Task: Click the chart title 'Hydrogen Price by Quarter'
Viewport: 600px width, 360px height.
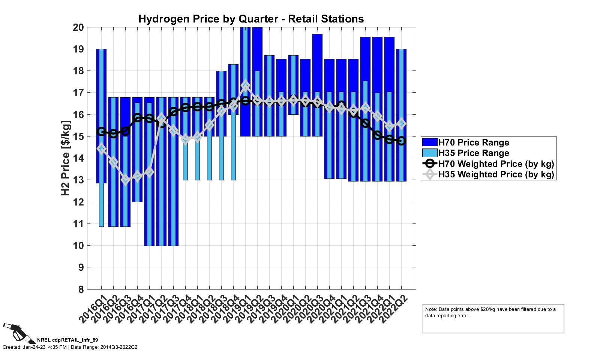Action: click(x=251, y=19)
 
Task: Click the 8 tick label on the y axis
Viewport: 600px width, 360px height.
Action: click(x=81, y=289)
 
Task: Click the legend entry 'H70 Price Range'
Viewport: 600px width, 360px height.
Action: click(x=474, y=142)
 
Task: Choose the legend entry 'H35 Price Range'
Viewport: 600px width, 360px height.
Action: click(x=474, y=153)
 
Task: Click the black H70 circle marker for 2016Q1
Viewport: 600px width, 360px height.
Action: click(x=101, y=131)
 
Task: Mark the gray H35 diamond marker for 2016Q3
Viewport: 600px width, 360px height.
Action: click(x=126, y=180)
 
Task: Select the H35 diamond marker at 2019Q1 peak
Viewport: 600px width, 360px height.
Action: click(x=246, y=86)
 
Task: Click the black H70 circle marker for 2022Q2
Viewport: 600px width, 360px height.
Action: click(x=402, y=141)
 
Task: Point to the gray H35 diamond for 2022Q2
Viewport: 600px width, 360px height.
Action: click(x=402, y=123)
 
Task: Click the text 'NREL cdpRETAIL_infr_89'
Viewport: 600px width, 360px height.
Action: click(x=67, y=340)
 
